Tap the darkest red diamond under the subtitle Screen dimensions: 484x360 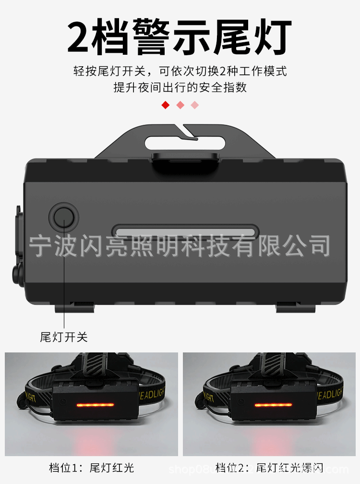click(166, 105)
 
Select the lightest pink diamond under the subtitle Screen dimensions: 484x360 click(194, 105)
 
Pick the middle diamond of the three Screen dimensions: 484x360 click(180, 105)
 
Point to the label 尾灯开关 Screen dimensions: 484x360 click(64, 337)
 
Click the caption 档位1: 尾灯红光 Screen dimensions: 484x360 click(91, 467)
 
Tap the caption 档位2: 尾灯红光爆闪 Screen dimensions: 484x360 click(269, 467)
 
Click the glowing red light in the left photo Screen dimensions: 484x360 click(96, 405)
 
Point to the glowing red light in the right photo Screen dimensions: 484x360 click(273, 405)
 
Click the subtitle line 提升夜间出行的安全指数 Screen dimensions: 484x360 click(180, 87)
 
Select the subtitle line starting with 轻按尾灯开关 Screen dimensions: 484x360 click(180, 72)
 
